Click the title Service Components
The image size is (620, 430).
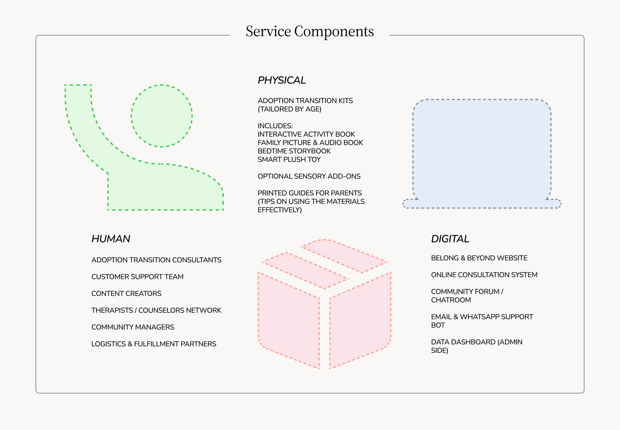[310, 32]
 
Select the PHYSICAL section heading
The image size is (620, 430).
[282, 80]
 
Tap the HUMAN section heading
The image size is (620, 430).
[111, 239]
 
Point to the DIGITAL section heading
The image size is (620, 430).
[450, 239]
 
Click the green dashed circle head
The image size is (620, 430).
[161, 116]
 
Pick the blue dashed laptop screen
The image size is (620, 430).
[482, 149]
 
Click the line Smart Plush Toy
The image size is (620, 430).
[289, 160]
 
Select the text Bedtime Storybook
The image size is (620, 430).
[294, 151]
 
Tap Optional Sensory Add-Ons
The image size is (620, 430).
[309, 176]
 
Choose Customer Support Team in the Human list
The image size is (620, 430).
[137, 277]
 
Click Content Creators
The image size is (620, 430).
[126, 294]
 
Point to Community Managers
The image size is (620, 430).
[133, 327]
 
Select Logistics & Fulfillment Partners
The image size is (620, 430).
[154, 344]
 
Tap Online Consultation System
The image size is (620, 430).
[484, 275]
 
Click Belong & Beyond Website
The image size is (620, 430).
[479, 258]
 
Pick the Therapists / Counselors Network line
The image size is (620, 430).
[156, 310]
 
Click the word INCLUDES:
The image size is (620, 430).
[275, 126]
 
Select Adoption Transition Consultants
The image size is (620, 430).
[156, 260]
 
